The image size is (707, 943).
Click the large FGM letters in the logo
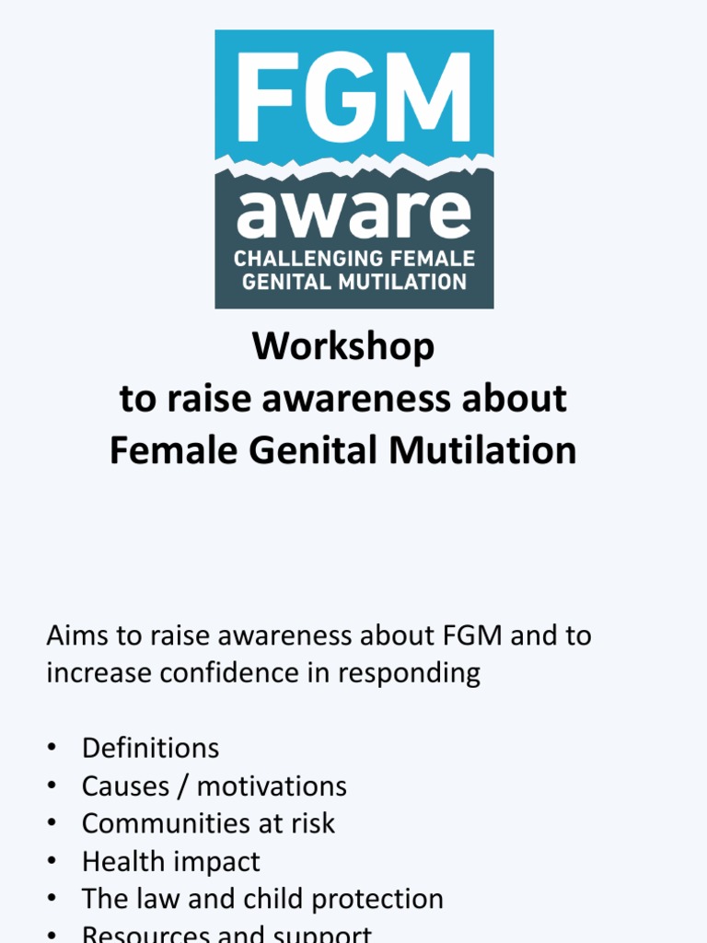tap(354, 97)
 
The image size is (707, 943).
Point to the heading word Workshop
tap(343, 347)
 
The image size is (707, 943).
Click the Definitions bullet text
tap(150, 748)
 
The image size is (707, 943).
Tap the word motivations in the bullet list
tap(272, 786)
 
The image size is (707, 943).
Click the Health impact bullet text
tap(170, 861)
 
